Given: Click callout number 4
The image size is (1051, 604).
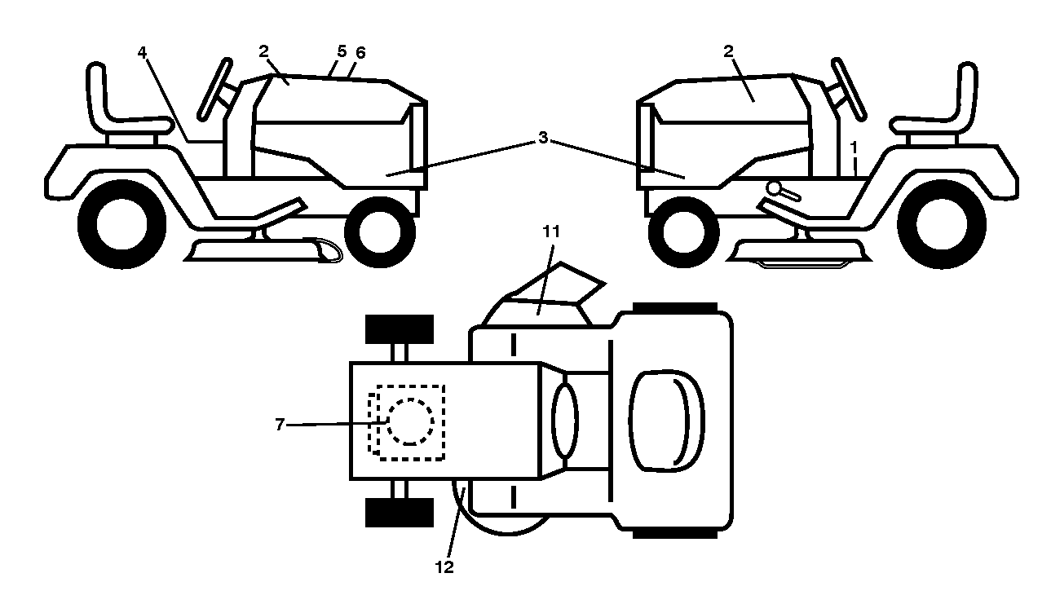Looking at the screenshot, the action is click(142, 52).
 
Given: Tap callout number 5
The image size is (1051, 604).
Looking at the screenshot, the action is click(342, 51).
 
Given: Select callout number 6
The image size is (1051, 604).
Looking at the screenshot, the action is click(360, 53).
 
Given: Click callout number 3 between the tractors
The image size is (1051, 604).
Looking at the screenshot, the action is click(543, 138).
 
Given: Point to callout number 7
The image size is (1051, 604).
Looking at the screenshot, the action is click(280, 425).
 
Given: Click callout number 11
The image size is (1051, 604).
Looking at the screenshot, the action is click(551, 231).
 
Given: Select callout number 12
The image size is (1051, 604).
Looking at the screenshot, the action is click(445, 567).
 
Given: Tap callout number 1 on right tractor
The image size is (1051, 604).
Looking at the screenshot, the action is click(854, 148).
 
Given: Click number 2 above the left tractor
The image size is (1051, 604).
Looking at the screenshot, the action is click(263, 51).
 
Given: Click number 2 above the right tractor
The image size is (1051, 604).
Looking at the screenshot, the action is click(728, 51).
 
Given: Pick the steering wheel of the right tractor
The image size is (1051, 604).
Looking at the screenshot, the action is click(849, 89).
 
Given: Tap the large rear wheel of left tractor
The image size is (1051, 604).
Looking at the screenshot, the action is click(121, 224).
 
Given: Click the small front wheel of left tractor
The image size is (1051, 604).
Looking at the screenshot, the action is click(380, 232).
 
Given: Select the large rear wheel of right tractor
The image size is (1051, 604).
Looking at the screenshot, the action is click(942, 224).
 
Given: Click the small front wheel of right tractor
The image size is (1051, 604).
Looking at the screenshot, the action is click(683, 232).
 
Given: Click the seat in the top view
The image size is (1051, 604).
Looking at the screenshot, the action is click(667, 421).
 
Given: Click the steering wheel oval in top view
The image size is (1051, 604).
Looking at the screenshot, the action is click(565, 420).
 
